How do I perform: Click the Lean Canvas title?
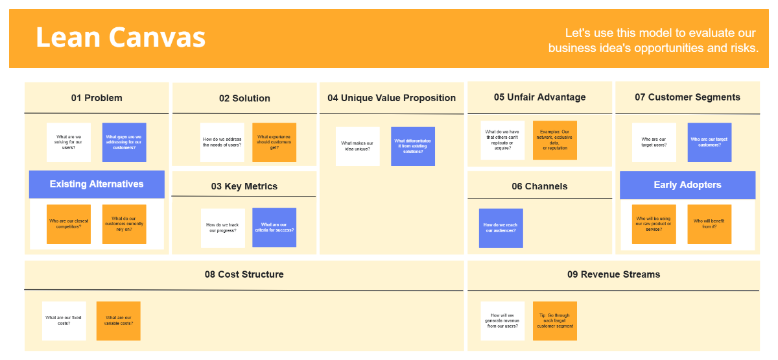[x=121, y=38]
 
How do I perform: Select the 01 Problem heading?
[x=97, y=98]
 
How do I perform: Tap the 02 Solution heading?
[x=244, y=99]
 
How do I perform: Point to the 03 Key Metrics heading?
[x=244, y=186]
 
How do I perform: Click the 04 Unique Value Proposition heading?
[x=392, y=98]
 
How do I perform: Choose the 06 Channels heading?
[x=539, y=186]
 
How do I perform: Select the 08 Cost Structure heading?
[x=244, y=274]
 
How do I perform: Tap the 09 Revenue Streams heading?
[x=613, y=274]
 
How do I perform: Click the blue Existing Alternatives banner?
[x=97, y=184]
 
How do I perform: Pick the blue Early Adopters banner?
[x=687, y=185]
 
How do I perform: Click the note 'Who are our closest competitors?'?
[x=69, y=224]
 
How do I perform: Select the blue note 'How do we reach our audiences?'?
[x=501, y=228]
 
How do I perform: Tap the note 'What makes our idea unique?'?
[x=358, y=146]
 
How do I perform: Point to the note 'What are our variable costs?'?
[x=119, y=320]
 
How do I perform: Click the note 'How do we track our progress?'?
[x=222, y=228]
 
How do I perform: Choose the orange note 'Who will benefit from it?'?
[x=709, y=224]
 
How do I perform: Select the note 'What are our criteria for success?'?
[x=274, y=228]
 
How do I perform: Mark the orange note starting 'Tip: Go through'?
[x=555, y=320]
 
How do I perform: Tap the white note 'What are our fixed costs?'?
[x=64, y=320]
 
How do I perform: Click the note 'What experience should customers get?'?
[x=274, y=142]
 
